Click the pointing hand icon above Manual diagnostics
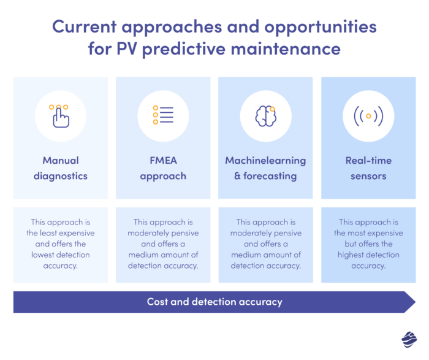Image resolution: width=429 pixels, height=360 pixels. tap(60, 115)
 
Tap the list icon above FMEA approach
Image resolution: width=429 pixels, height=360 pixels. tap(163, 115)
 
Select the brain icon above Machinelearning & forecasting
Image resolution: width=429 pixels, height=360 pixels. tap(265, 115)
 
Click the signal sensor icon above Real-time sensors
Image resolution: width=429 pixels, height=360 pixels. tap(368, 115)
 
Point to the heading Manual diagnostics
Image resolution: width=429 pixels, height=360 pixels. tap(60, 168)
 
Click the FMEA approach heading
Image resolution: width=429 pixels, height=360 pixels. tap(163, 168)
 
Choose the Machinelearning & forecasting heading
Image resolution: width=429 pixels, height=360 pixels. tap(265, 168)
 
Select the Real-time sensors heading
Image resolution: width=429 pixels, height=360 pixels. tap(368, 168)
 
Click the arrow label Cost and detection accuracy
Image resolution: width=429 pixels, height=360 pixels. tap(214, 302)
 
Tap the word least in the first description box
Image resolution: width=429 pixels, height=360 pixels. tap(56, 233)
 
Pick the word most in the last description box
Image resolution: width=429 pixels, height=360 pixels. tap(363, 233)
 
